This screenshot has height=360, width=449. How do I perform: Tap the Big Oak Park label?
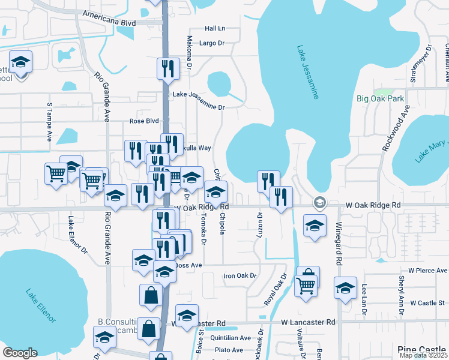click(x=380, y=98)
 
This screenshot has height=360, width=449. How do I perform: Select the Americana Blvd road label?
click(x=110, y=22)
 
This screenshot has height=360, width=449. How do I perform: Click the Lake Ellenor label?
click(x=40, y=304)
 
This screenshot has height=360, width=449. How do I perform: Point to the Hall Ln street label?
click(x=214, y=28)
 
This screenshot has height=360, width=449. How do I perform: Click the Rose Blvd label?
click(x=144, y=121)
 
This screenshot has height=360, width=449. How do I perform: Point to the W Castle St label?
click(x=426, y=303)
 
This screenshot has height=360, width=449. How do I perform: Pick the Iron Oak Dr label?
click(x=240, y=276)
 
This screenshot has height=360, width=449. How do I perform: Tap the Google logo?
click(x=20, y=353)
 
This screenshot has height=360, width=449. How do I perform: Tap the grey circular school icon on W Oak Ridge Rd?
click(x=319, y=203)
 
